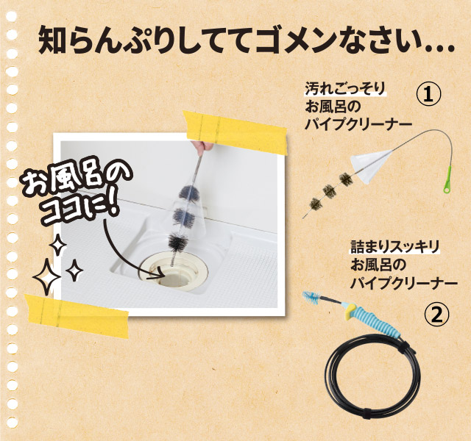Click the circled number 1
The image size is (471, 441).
[428, 93]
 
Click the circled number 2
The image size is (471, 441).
[436, 315]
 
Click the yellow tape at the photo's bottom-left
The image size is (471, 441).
[77, 312]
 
